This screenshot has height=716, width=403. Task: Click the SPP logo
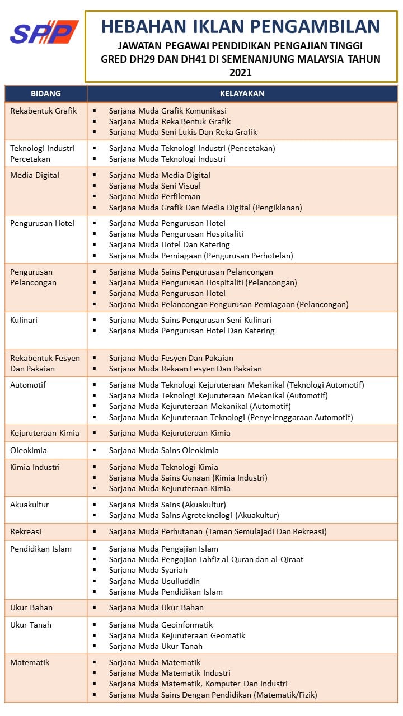[x=44, y=32]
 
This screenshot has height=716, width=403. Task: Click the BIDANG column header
[x=46, y=93]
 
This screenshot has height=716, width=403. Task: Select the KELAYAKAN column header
[x=242, y=93]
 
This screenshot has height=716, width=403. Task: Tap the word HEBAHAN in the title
[x=138, y=26]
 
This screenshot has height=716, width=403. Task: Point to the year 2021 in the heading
[x=241, y=72]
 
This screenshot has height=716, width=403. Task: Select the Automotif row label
[x=28, y=385]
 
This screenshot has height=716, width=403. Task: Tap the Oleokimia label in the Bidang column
[x=29, y=450]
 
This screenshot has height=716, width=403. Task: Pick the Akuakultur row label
[x=30, y=505]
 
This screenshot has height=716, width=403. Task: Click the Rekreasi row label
[x=26, y=531]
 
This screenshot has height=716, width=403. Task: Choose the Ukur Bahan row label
[x=31, y=607]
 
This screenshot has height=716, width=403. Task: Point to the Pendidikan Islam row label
[x=41, y=549]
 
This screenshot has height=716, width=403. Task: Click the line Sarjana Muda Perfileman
[x=154, y=196]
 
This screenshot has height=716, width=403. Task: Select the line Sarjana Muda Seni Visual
[x=155, y=186]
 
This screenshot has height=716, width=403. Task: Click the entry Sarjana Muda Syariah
[x=148, y=570]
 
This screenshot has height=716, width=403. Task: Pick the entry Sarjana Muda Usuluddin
[x=154, y=581]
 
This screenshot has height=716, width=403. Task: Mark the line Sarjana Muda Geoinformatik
[x=161, y=625]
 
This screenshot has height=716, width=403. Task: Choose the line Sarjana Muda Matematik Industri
[x=170, y=673]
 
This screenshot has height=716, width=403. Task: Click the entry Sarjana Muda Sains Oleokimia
[x=164, y=450]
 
